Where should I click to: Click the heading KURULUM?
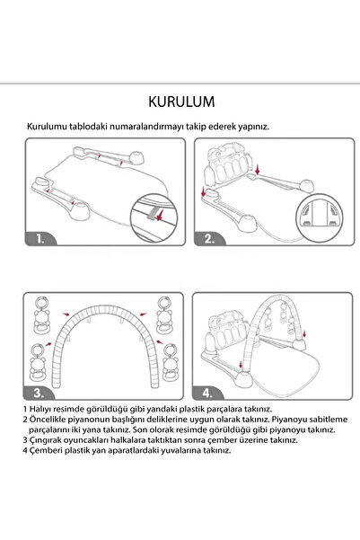(180, 97)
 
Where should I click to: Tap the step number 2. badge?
(210, 240)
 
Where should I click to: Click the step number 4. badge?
(210, 393)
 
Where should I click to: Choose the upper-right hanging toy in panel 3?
(164, 315)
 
